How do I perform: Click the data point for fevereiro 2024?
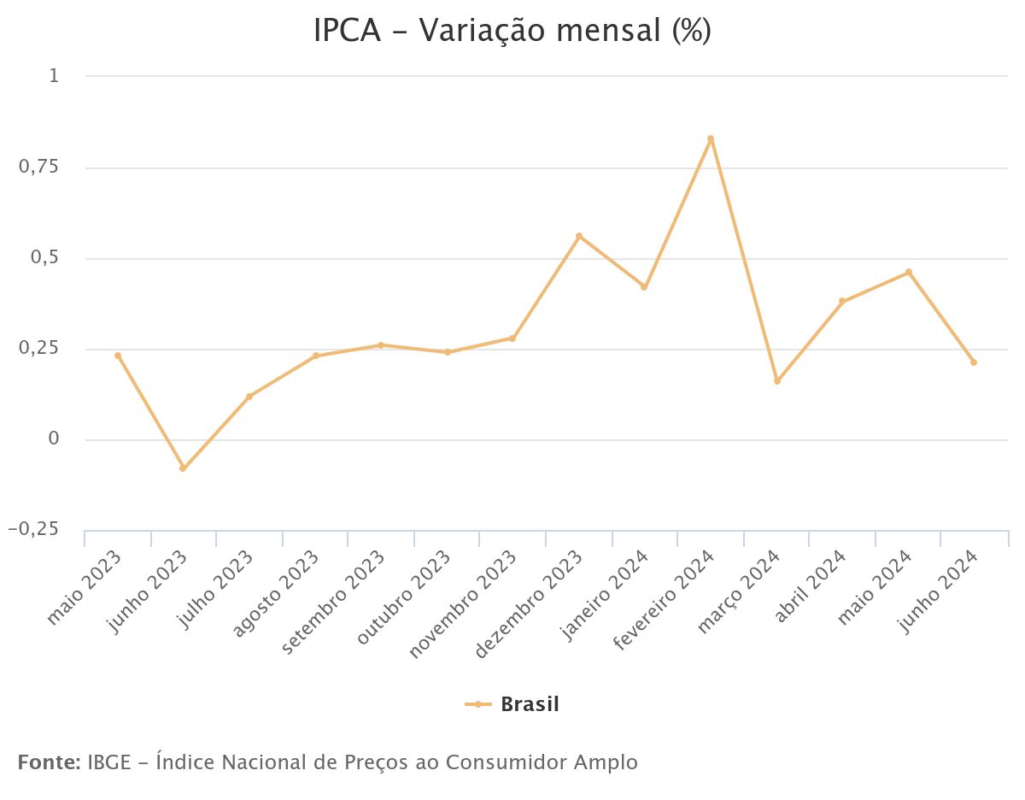click(710, 138)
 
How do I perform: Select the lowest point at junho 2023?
click(183, 468)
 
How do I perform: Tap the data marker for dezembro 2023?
click(578, 236)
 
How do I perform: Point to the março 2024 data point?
click(776, 381)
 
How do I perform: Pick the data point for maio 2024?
click(909, 272)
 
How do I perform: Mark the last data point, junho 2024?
click(974, 362)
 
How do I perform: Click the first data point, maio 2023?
click(118, 356)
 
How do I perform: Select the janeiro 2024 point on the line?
click(644, 287)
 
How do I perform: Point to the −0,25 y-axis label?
click(33, 530)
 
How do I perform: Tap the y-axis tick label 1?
click(54, 77)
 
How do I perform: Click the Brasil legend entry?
click(512, 704)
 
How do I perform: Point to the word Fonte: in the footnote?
click(49, 762)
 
